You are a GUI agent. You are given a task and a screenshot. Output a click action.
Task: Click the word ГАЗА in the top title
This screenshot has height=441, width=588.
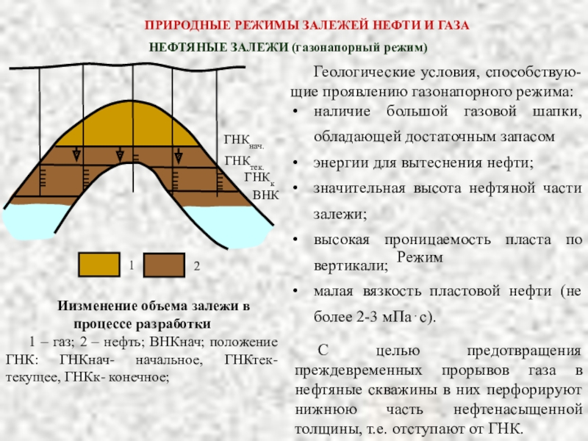click(x=453, y=25)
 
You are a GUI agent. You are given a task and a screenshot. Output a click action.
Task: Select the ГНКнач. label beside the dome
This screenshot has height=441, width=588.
click(x=243, y=140)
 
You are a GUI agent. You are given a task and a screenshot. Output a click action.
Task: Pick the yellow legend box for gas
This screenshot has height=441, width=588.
click(x=99, y=264)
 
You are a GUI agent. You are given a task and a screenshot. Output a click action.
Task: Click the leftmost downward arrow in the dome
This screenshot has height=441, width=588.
click(x=76, y=155)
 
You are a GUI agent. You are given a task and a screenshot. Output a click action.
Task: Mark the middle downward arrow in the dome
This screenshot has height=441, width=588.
click(x=120, y=155)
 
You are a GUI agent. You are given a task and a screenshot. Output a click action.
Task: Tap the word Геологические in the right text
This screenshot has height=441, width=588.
click(x=356, y=74)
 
